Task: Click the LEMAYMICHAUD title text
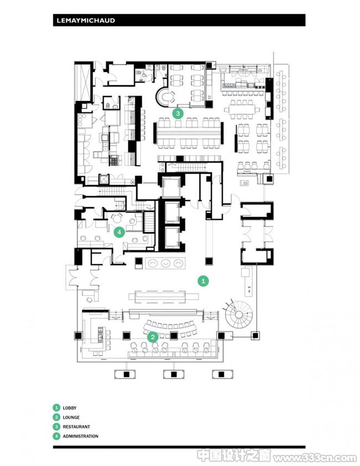pos(86,21)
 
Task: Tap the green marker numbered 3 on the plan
pos(178,113)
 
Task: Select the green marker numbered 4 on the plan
pos(120,232)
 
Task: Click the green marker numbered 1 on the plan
pos(203,280)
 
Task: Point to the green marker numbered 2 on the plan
pos(153,337)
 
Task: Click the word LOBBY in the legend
pos(69,408)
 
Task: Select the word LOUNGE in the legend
pos(71,417)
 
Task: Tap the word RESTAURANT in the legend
pos(76,427)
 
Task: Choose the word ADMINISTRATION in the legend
pos(80,436)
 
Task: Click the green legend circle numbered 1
pos(56,408)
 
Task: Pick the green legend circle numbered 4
pos(56,436)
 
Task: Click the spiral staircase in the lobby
pos(239,314)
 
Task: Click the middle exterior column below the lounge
pos(174,374)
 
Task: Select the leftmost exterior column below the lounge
pos(125,374)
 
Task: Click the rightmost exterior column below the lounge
pos(223,374)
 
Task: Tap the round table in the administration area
pos(117,218)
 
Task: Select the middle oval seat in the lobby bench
pos(166,263)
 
